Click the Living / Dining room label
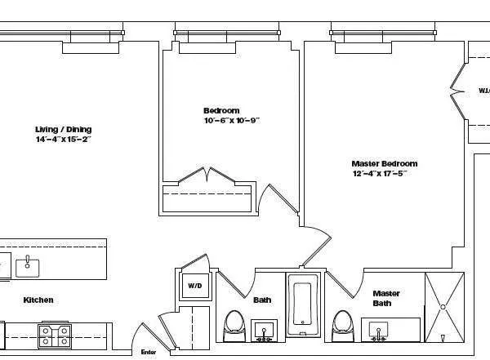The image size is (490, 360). pos(63,129)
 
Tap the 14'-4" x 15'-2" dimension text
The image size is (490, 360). pos(63,140)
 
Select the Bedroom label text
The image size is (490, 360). pos(221,110)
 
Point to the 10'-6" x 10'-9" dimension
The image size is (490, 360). pos(231,121)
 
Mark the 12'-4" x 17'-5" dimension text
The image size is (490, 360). pos(379,173)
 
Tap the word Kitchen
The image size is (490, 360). pos(38,300)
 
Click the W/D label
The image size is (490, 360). pos(194,287)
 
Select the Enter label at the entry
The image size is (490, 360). pos(148,352)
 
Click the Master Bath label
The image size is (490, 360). pos(385,298)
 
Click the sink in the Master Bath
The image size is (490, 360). pos(378,330)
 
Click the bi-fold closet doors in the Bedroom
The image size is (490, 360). pos(208,176)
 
